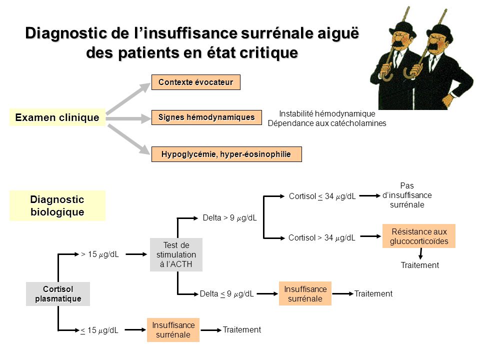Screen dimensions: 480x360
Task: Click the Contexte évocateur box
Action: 196,82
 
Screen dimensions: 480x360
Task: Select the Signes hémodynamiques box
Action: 206,117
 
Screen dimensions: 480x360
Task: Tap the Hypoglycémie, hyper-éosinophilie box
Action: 226,154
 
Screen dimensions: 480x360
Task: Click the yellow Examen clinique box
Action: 57,117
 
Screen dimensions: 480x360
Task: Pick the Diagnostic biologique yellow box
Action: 57,205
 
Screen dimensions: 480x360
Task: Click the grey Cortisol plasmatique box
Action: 58,294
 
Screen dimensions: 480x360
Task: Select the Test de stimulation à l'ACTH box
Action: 176,254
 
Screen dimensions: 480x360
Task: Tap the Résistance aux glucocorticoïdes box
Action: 419,236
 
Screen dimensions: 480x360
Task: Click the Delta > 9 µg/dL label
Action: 229,218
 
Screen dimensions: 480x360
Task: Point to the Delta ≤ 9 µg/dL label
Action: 226,294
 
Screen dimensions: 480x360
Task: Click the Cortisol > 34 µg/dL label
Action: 321,238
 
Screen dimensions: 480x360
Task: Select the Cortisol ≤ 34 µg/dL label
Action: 322,196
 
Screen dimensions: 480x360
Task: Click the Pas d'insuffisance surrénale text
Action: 407,195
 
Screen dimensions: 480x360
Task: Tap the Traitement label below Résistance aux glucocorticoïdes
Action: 419,265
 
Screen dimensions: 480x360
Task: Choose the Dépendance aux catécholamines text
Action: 327,123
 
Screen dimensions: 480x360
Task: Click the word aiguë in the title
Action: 338,33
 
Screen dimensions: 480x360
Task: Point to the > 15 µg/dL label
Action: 100,254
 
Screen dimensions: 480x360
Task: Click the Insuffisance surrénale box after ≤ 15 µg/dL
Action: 173,330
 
